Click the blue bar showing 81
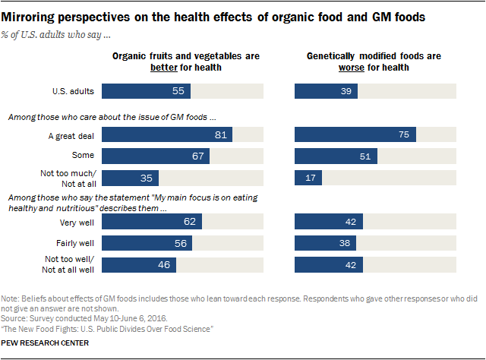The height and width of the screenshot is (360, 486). [x=166, y=134]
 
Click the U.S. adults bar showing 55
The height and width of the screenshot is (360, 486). [x=146, y=91]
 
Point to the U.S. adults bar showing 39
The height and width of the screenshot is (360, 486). [x=326, y=91]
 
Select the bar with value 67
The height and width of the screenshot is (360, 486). [x=155, y=156]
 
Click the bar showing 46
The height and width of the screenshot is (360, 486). [x=138, y=266]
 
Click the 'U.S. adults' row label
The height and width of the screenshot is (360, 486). [x=72, y=91]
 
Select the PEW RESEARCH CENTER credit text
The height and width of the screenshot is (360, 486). [x=46, y=343]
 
